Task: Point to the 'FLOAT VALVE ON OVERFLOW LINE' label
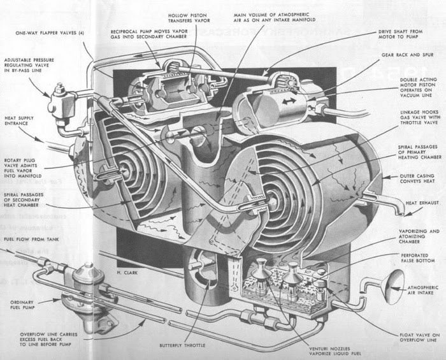417,337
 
